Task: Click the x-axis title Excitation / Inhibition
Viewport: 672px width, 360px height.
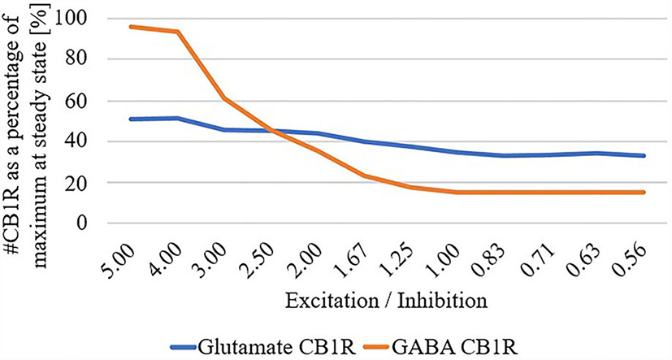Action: pyautogui.click(x=387, y=301)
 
